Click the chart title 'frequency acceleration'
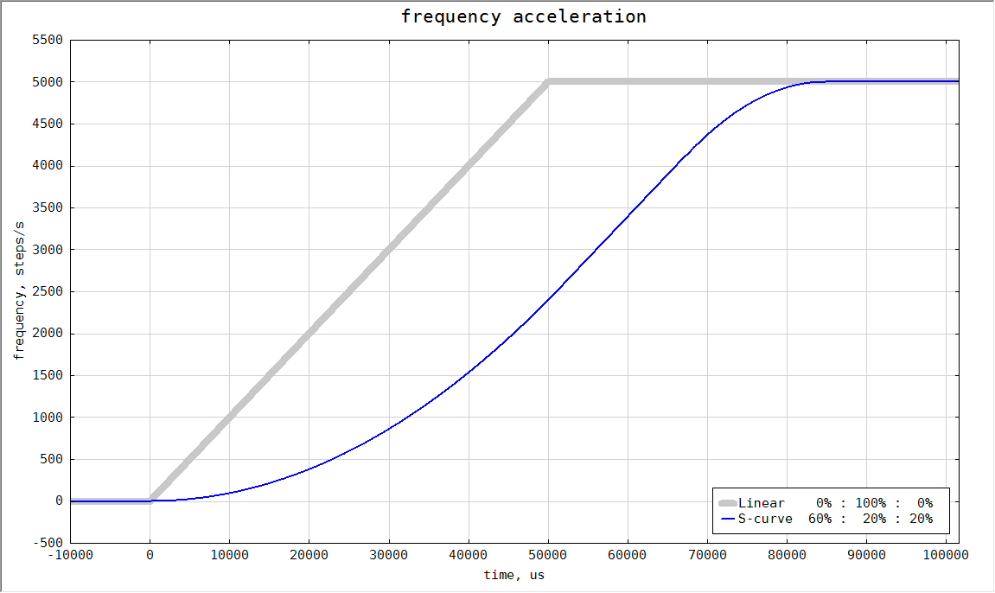[523, 16]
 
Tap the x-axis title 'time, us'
[513, 575]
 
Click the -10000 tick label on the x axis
[70, 557]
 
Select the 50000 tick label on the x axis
[548, 557]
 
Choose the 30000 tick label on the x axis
[389, 557]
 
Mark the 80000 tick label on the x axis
[787, 557]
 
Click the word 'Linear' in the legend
[761, 503]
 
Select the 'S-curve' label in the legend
[764, 520]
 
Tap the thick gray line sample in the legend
[727, 503]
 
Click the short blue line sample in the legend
[727, 520]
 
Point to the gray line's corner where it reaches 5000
[548, 82]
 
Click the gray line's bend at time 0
[150, 501]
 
